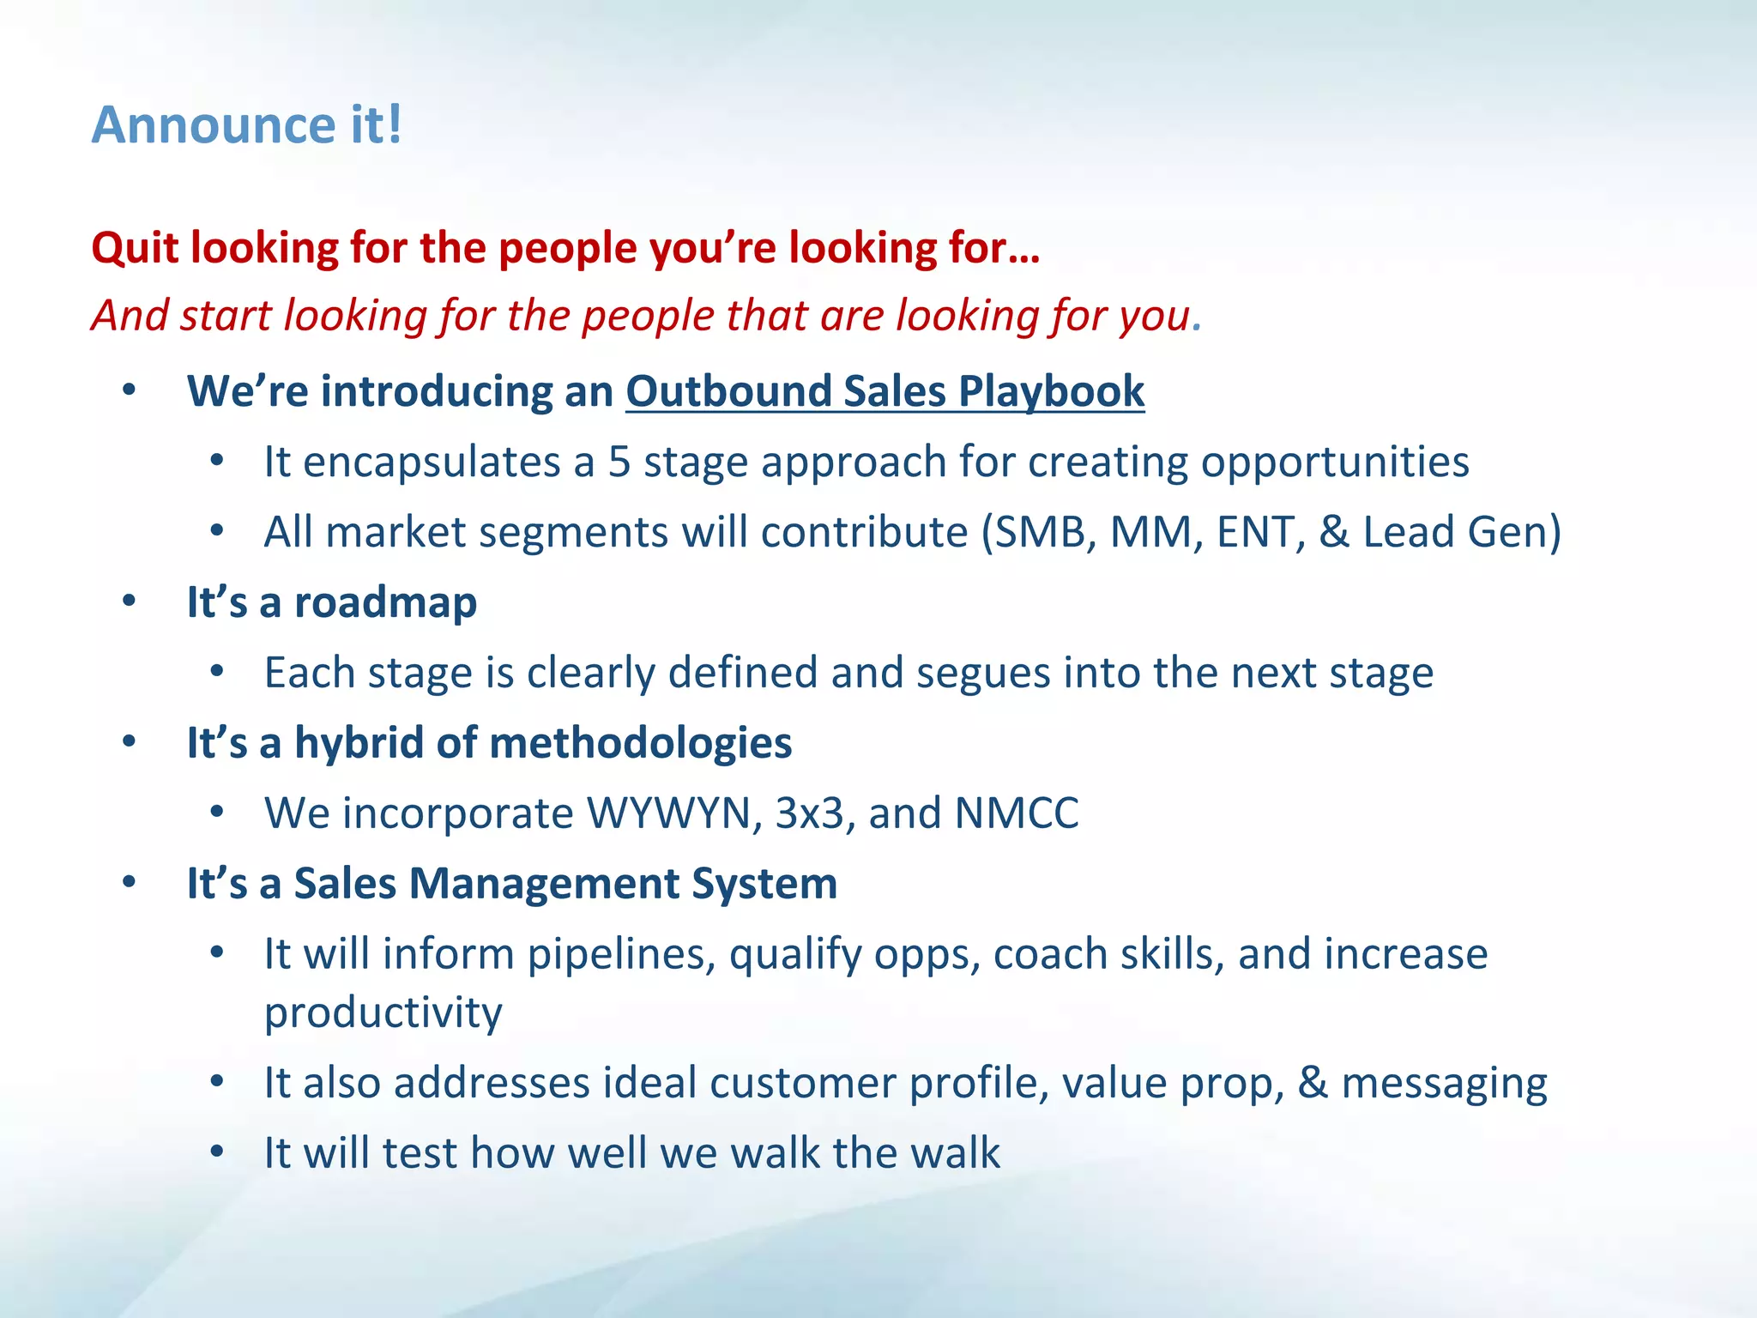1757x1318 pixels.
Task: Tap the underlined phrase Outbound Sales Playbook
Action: [885, 391]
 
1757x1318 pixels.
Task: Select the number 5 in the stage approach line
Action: [619, 462]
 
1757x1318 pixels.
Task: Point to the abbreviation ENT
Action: [1259, 532]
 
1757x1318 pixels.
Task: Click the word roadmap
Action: [385, 602]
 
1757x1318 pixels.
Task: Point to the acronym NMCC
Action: [1017, 813]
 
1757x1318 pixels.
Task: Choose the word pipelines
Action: [621, 954]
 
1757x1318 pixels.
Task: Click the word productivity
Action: [383, 1013]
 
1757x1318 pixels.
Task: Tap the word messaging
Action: [1444, 1083]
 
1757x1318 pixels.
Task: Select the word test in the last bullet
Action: [420, 1153]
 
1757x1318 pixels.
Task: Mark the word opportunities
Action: [1334, 462]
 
